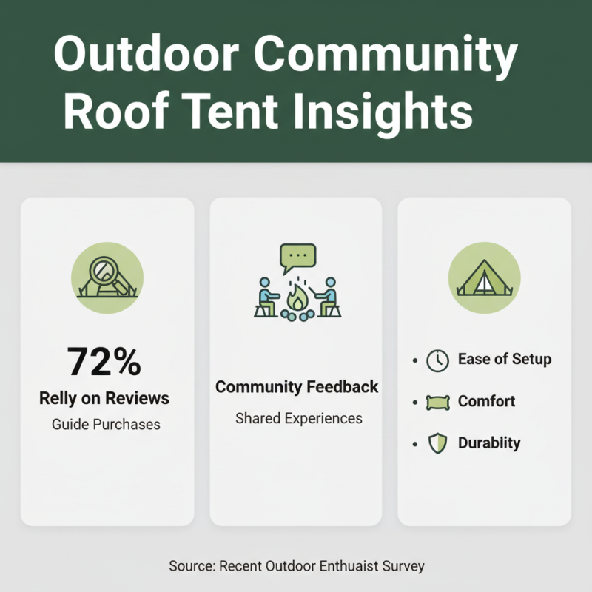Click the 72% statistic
click(104, 362)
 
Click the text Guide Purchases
click(107, 425)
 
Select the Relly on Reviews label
click(104, 398)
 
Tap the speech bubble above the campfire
click(297, 258)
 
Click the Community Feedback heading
click(297, 386)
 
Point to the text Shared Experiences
click(299, 418)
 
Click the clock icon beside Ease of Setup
click(438, 360)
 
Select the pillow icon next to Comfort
click(438, 403)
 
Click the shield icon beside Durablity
click(438, 444)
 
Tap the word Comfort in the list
click(486, 401)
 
